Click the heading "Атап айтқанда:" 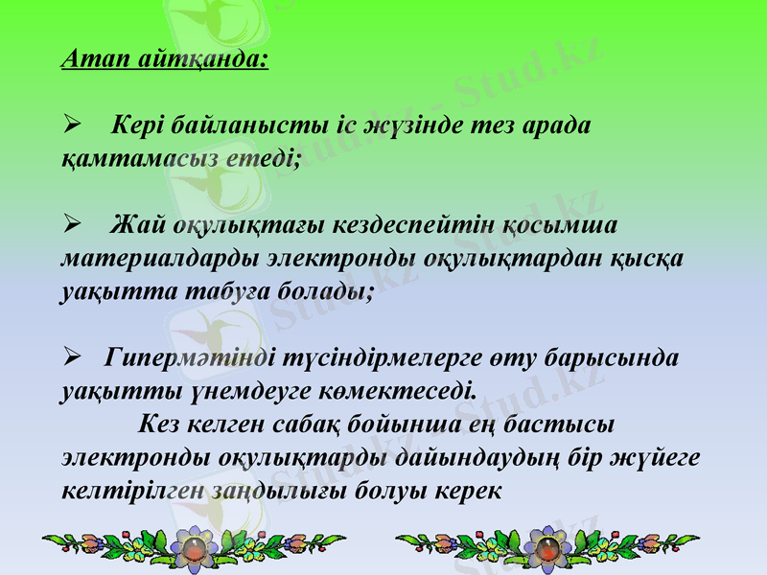[x=164, y=60]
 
